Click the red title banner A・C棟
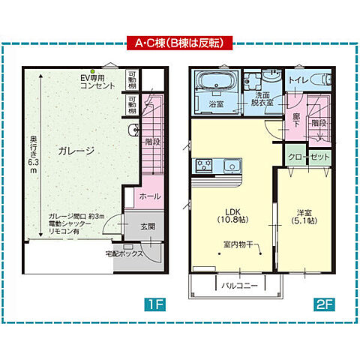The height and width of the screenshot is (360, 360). [179, 42]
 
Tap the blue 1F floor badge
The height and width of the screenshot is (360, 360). [154, 305]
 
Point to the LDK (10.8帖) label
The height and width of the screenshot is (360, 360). [227, 215]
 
